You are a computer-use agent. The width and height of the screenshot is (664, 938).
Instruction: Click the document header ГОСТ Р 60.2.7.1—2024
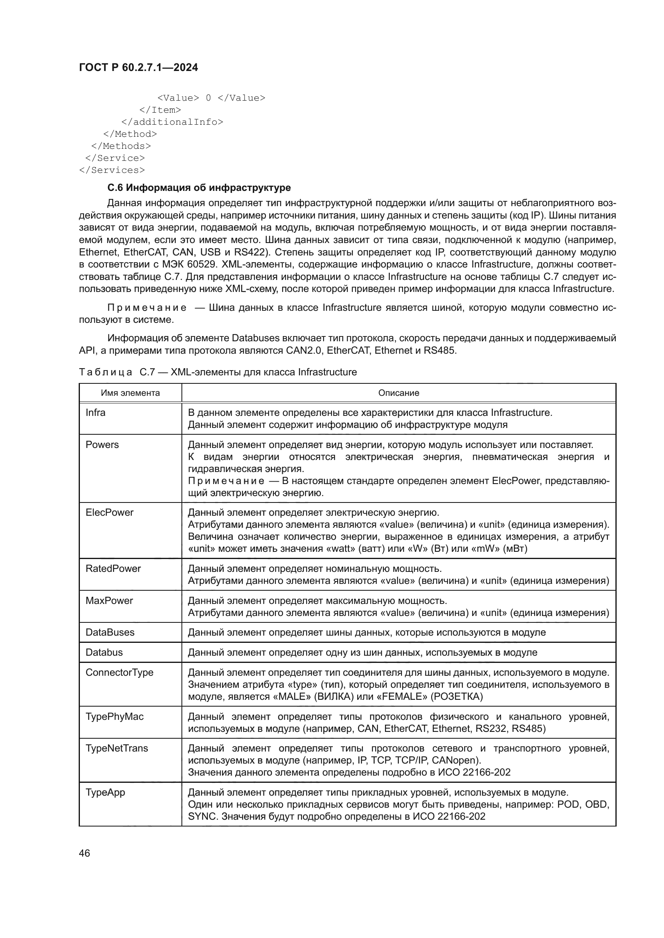coord(138,67)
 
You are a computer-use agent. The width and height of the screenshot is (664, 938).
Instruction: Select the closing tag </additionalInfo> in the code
coord(172,122)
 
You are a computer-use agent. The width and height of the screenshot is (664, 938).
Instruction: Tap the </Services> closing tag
coord(112,170)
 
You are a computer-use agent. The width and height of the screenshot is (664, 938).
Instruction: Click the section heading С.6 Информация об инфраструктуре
coord(199,188)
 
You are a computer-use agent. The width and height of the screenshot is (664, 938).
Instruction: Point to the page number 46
coord(84,853)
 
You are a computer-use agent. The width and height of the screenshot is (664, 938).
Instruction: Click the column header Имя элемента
coord(130,393)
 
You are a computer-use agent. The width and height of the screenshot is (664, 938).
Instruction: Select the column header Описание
coord(398,393)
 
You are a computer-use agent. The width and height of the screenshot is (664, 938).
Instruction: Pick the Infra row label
coord(95,413)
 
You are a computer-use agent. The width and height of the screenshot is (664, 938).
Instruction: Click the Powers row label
coord(102,444)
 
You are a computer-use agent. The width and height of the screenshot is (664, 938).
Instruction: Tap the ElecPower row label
coord(109,512)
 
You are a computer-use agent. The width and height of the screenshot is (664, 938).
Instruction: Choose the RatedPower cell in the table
coord(113,569)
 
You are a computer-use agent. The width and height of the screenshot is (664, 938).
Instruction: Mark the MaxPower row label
coord(109,601)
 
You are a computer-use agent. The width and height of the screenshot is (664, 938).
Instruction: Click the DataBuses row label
coord(110,632)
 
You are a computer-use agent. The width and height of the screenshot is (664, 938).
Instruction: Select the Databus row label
coord(104,652)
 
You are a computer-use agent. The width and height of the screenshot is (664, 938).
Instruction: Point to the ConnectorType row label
coord(119,673)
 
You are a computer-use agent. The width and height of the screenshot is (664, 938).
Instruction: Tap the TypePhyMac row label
coord(114,717)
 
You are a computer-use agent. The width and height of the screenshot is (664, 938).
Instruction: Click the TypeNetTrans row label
coord(116,748)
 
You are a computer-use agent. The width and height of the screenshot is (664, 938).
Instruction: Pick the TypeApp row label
coord(105,792)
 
